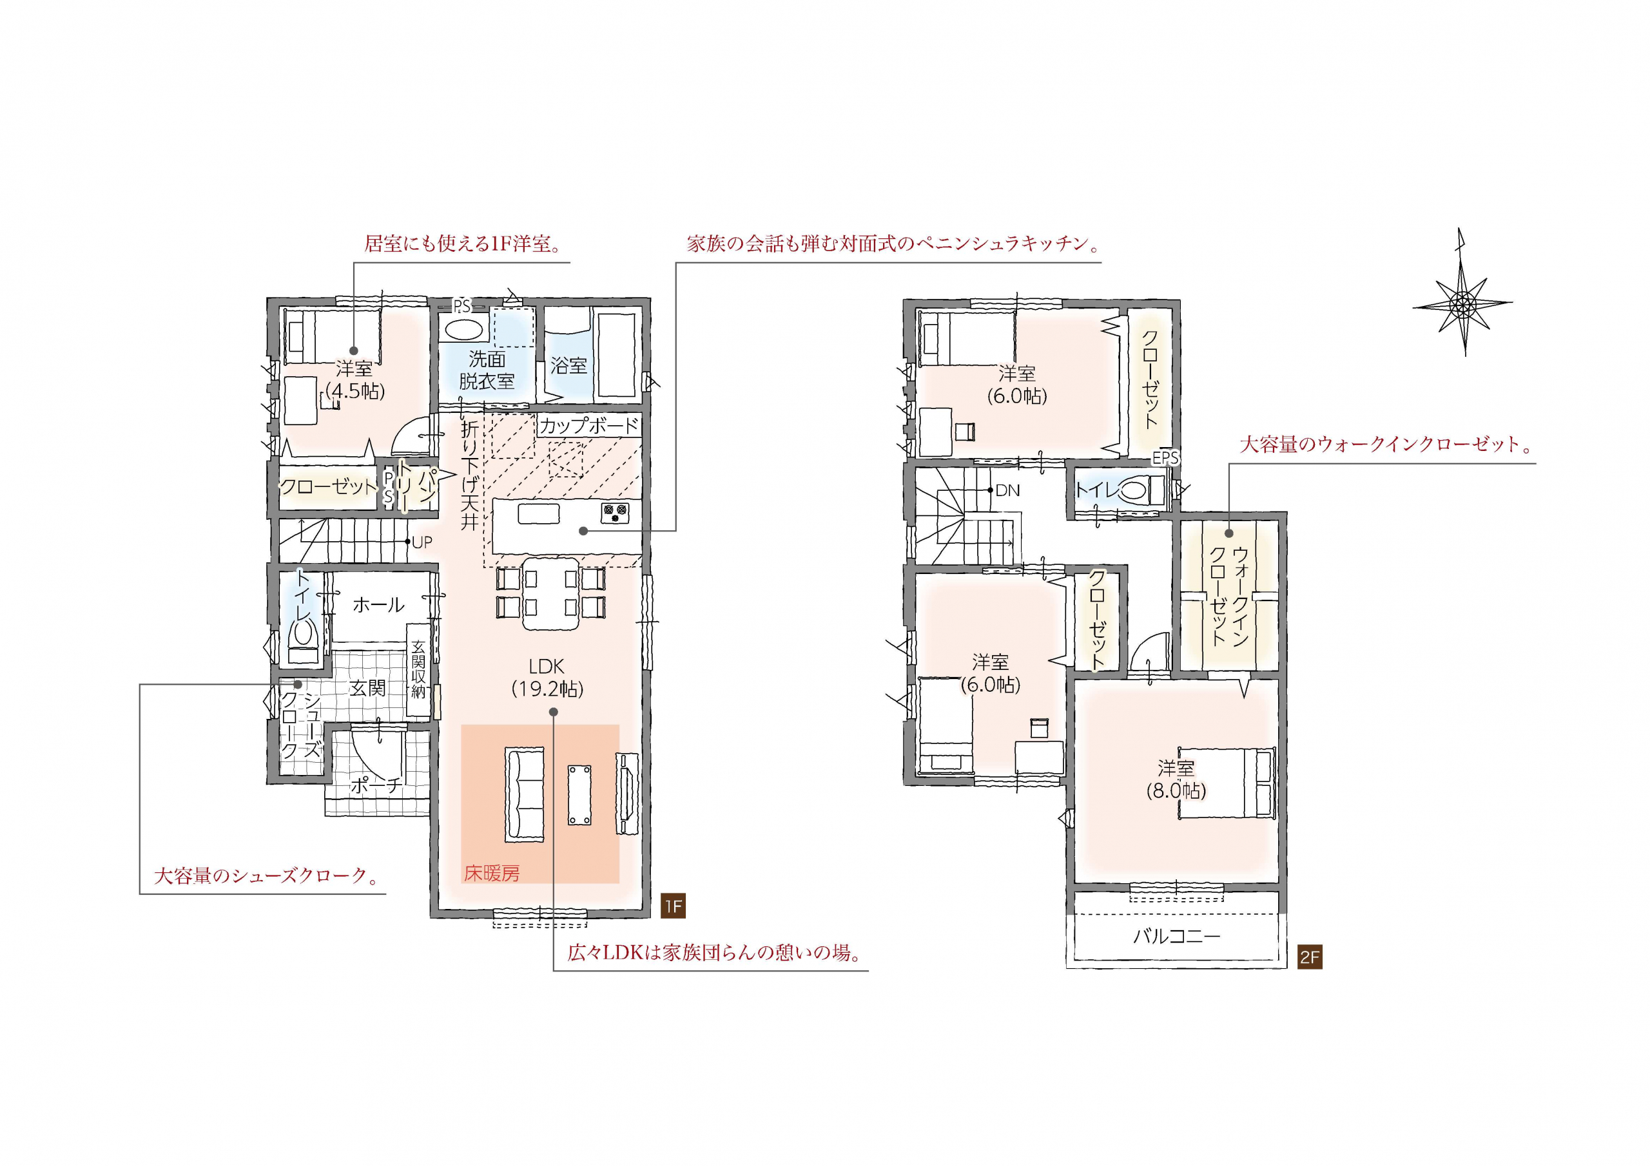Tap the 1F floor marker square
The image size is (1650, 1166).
click(674, 906)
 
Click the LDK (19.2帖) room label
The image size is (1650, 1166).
click(548, 678)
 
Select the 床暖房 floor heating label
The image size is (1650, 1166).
click(492, 873)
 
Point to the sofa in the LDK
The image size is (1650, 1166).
click(525, 794)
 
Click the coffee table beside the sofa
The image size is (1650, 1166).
click(580, 794)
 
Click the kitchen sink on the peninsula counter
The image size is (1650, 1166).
click(538, 513)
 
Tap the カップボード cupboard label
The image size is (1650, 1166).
click(588, 426)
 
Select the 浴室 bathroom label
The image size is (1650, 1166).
click(568, 367)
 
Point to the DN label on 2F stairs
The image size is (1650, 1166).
click(1008, 491)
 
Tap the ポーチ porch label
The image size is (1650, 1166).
click(374, 786)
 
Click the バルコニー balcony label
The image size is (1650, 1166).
click(1176, 936)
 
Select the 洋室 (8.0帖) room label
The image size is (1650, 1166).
click(1176, 779)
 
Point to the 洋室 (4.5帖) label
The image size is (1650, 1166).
click(355, 380)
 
